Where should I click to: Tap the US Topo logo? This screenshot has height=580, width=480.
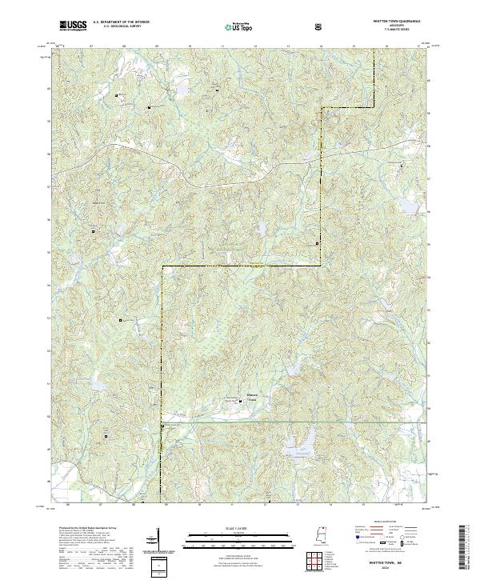click(x=241, y=26)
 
